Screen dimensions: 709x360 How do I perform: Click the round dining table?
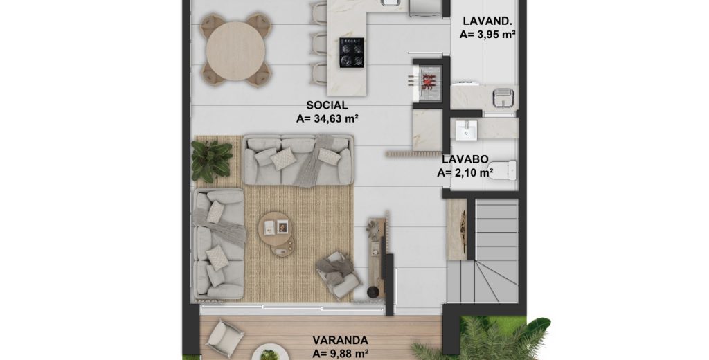235,51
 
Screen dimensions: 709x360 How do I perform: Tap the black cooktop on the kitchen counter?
352,53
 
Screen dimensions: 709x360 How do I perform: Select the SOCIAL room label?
327,105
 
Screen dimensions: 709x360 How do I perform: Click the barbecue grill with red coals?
427,82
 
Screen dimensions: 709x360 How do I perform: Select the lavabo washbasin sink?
466,130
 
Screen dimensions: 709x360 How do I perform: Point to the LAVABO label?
465,159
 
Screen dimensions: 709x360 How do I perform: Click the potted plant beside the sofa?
210,161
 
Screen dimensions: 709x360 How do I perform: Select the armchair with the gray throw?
338,276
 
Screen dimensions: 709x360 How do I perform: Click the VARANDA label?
340,340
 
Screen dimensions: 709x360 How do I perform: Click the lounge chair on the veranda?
225,339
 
